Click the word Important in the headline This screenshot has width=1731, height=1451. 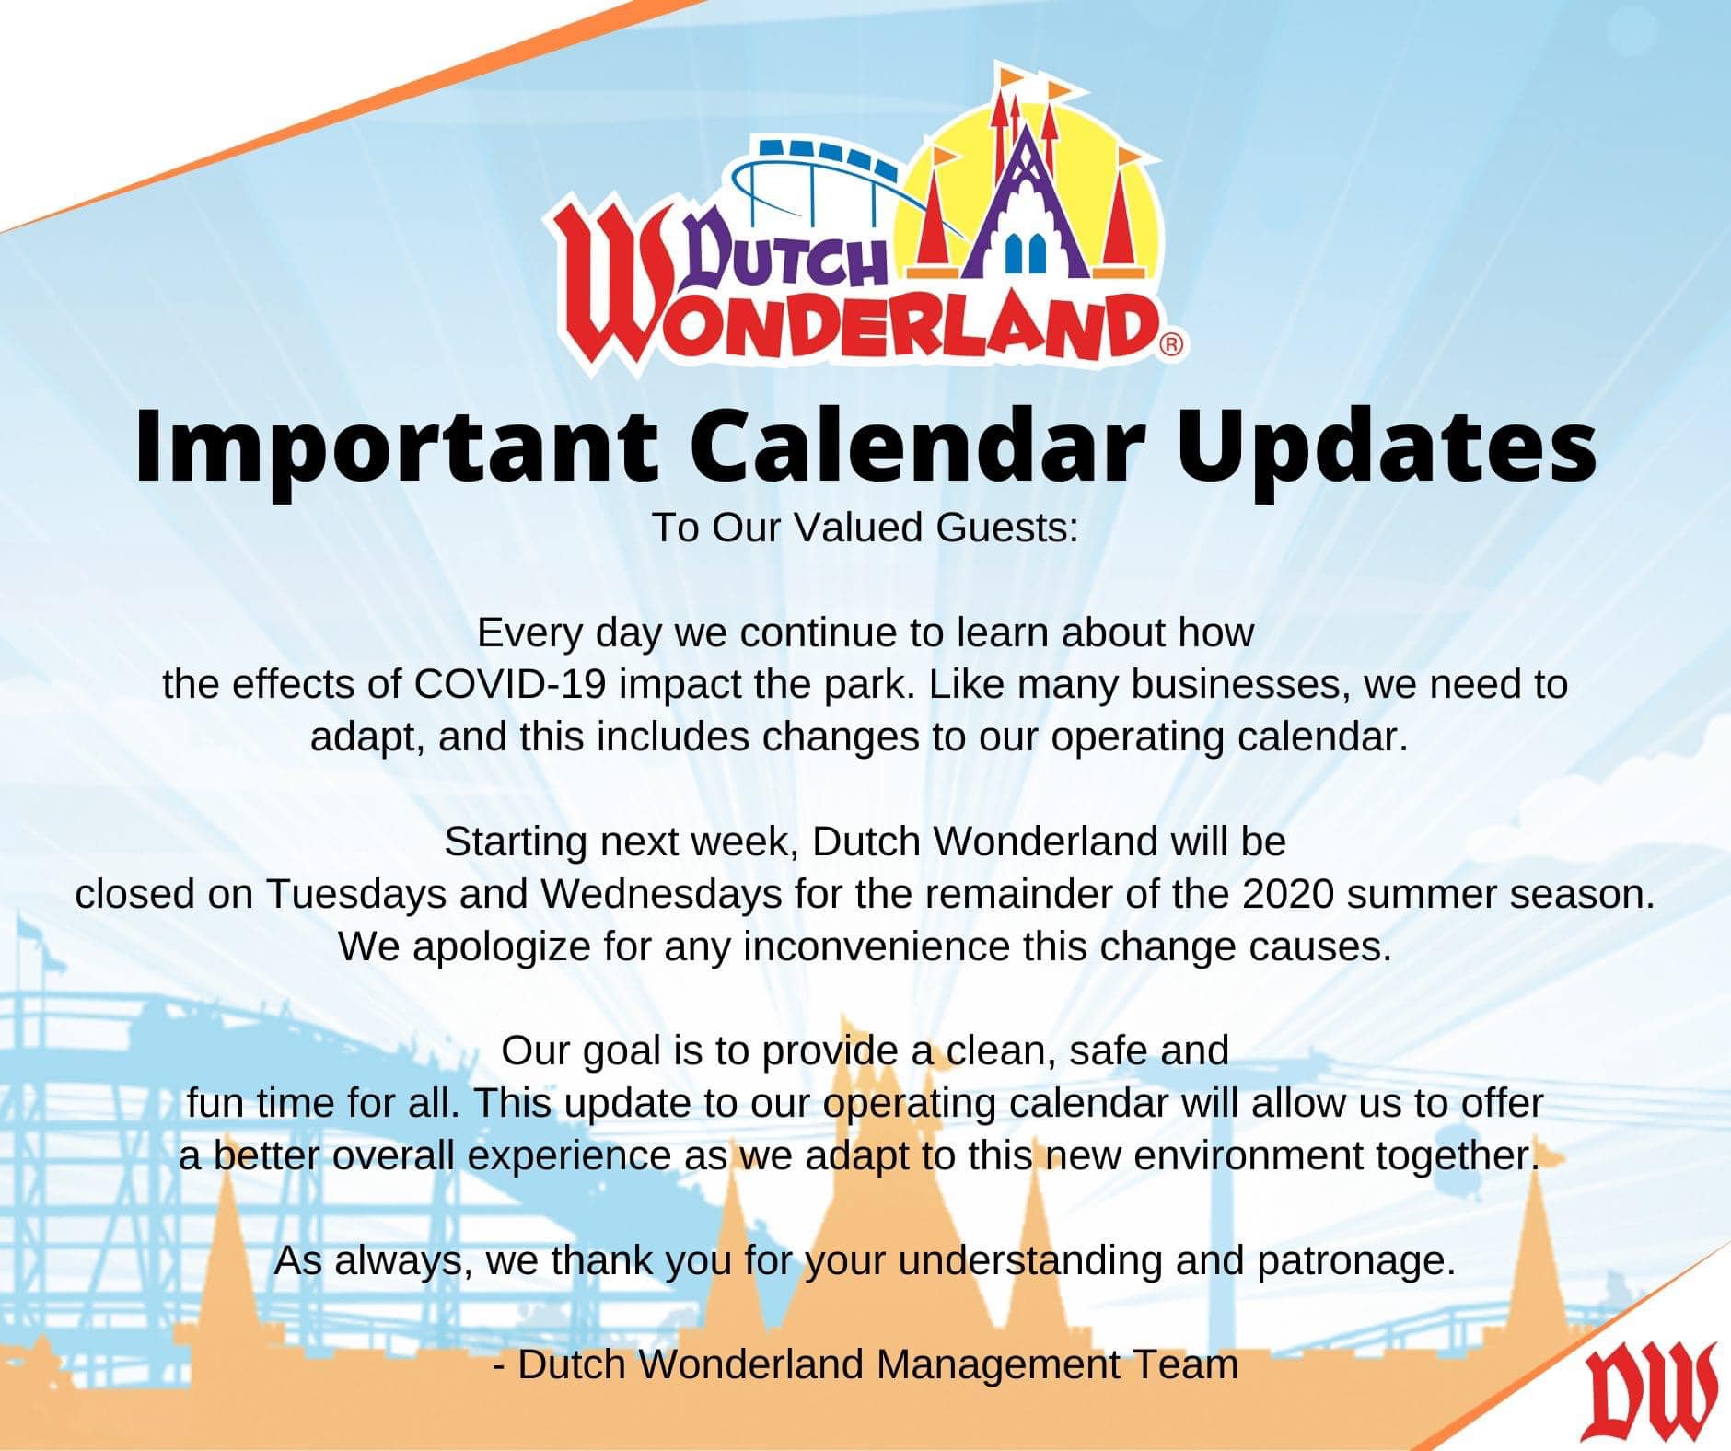coord(395,448)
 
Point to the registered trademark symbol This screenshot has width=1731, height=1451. coord(1170,345)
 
